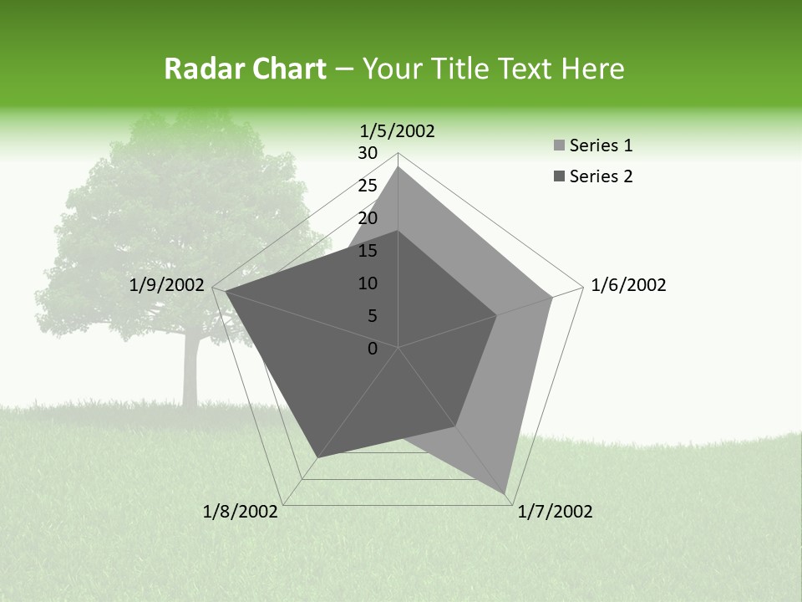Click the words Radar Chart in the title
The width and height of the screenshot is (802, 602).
(244, 69)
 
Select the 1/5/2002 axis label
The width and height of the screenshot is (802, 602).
(397, 131)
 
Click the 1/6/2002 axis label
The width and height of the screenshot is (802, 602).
(628, 286)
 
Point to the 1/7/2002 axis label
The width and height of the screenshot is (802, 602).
(555, 512)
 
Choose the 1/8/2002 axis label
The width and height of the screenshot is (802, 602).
(241, 512)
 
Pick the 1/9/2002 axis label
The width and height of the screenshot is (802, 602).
(167, 286)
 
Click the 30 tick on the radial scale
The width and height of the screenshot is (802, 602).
(368, 153)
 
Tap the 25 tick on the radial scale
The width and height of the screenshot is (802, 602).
(368, 186)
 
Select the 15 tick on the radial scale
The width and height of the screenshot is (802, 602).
(368, 251)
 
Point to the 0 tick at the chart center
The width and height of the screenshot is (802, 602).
(373, 349)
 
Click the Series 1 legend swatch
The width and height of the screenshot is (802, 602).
(559, 146)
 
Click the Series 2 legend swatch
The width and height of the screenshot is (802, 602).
(559, 176)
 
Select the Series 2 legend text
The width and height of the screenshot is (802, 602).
(601, 176)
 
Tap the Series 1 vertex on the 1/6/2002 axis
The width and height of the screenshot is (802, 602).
(552, 297)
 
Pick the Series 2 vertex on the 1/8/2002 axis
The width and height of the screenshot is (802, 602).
(317, 457)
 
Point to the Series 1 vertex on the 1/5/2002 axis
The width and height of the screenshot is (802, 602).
(398, 167)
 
